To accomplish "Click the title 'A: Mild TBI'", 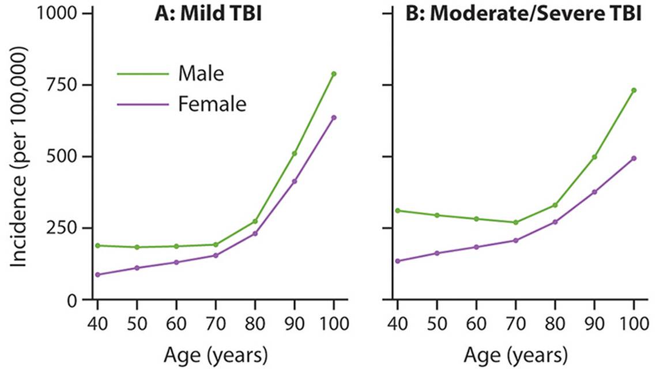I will point(208,13).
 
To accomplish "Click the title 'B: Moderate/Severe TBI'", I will point(523,13).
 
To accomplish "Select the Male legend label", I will point(201,74).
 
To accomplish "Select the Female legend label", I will point(212,104).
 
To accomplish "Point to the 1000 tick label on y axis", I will point(56,13).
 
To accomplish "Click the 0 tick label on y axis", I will point(72,300).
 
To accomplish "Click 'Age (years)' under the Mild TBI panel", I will point(214,352).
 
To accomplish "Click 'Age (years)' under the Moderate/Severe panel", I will point(515,352).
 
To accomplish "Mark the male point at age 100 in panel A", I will point(334,74).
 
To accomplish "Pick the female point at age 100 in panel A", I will point(334,118).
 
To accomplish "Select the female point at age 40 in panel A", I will point(97,274).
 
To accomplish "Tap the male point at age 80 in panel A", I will point(255,221).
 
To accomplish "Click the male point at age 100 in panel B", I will point(634,90).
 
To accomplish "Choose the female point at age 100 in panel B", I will point(634,158).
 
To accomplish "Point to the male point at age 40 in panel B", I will point(398,210).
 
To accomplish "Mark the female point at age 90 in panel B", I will point(594,191).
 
